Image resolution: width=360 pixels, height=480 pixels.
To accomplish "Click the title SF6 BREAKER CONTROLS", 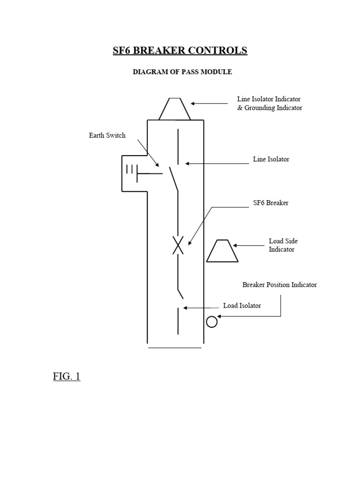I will click(180, 51).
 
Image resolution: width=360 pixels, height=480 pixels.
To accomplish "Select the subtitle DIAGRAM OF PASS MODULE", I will click(182, 72).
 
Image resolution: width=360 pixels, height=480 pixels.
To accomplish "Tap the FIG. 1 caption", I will click(67, 376).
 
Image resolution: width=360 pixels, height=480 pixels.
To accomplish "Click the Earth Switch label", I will click(107, 135).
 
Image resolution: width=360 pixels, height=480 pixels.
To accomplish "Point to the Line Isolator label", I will click(271, 159).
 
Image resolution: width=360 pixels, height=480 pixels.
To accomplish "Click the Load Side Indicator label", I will click(283, 245).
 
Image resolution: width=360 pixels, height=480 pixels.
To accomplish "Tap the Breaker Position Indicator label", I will click(279, 285).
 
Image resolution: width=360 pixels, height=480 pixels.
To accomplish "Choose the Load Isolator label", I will click(242, 306).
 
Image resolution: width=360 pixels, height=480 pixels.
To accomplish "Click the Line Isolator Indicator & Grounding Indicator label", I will click(269, 104).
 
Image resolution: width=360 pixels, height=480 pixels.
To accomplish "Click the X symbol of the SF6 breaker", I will click(178, 244).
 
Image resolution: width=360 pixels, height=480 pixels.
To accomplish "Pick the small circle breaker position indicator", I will click(212, 322).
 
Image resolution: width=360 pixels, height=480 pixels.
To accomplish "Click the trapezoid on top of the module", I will click(174, 109).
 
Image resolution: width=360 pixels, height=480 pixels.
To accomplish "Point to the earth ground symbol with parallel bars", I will click(132, 170).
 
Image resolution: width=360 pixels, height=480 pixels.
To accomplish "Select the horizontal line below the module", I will click(174, 348).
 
